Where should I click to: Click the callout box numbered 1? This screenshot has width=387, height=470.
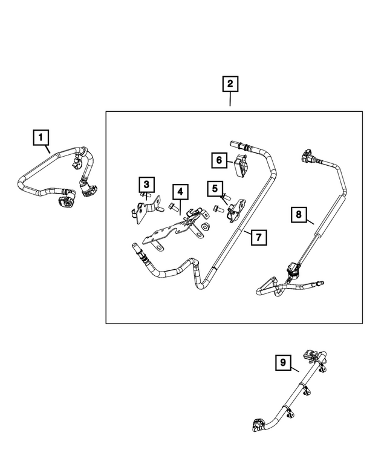[41, 140]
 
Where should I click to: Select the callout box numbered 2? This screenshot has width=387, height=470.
[230, 84]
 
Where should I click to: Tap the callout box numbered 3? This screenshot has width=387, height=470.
[146, 184]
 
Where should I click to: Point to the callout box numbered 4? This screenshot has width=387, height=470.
[180, 192]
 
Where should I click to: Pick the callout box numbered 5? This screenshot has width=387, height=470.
[214, 189]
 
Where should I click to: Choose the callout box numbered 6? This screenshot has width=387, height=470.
[218, 160]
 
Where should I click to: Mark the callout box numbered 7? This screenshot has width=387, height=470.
[258, 237]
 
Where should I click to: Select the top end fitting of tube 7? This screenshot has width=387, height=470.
[235, 145]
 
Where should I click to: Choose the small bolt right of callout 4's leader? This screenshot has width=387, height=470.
[174, 207]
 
